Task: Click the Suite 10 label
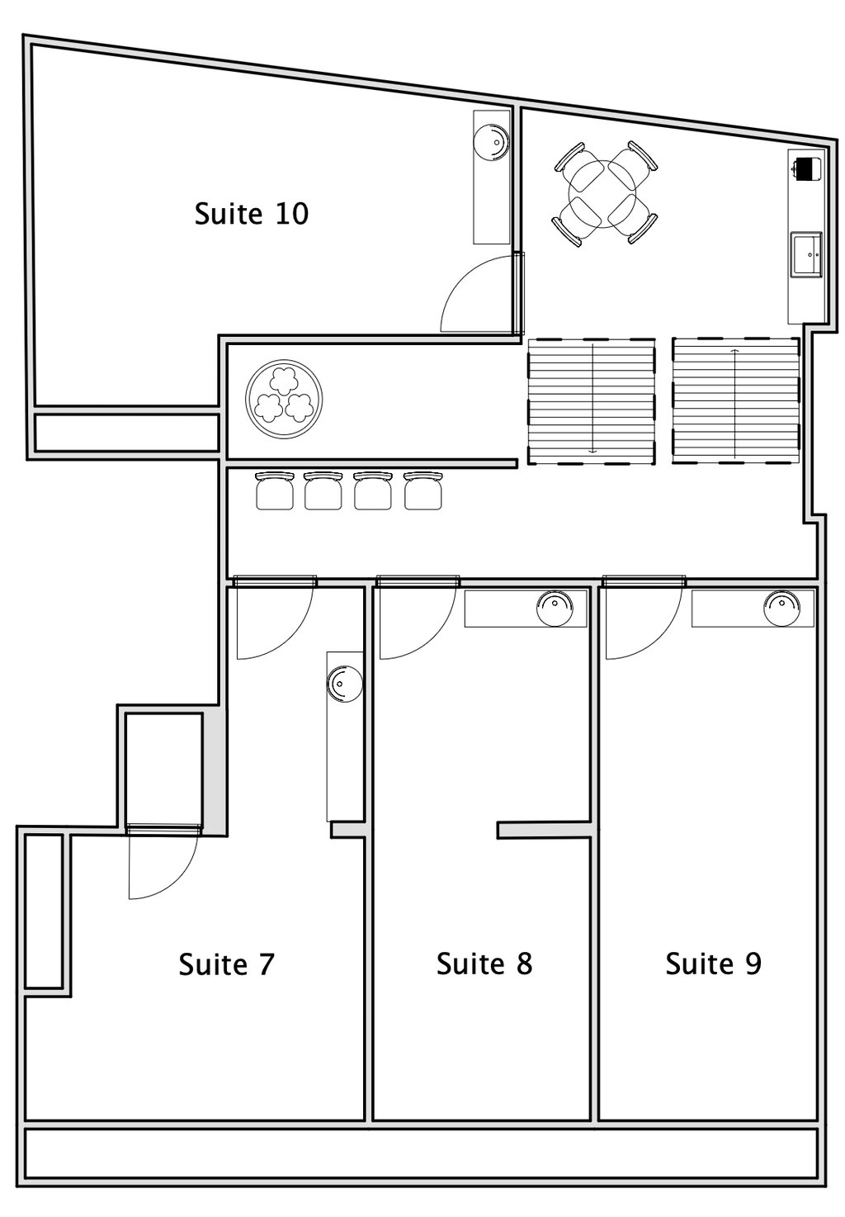(251, 213)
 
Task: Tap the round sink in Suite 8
(555, 608)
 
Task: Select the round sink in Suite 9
(781, 608)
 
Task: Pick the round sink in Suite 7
(344, 683)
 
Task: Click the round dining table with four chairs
(604, 193)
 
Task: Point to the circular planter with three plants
(284, 398)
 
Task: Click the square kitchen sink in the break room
(806, 254)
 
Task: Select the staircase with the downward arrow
(592, 401)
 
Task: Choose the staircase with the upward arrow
(735, 401)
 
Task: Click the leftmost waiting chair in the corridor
(274, 490)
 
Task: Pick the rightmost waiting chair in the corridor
(423, 490)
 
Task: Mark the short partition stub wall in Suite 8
(544, 830)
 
